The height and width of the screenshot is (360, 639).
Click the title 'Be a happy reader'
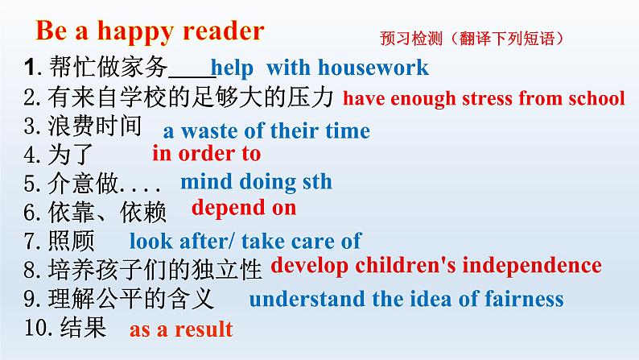pyautogui.click(x=150, y=31)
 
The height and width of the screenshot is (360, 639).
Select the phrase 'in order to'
pyautogui.click(x=206, y=153)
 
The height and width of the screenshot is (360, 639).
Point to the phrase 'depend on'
pyautogui.click(x=244, y=208)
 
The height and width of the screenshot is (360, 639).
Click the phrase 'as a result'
pyautogui.click(x=181, y=329)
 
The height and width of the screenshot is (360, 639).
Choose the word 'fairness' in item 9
pyautogui.click(x=522, y=299)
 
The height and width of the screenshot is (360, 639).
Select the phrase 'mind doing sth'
pyautogui.click(x=256, y=182)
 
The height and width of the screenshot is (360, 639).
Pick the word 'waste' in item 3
pyautogui.click(x=207, y=130)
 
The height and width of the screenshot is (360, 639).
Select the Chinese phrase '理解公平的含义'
pyautogui.click(x=131, y=299)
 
